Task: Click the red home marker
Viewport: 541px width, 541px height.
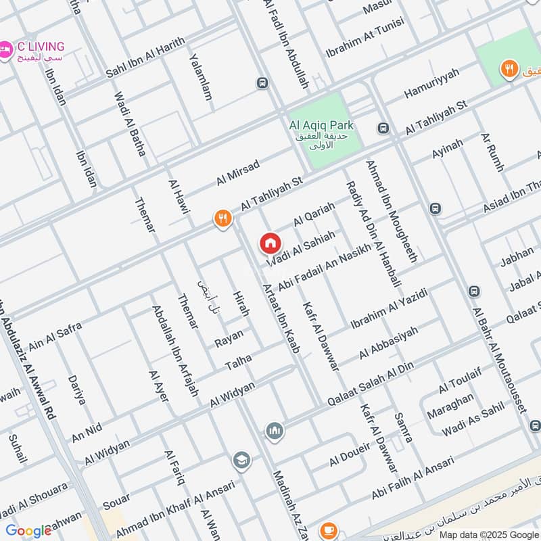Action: point(270,243)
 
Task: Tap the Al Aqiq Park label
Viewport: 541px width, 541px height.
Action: point(321,125)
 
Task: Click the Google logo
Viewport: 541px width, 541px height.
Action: point(28,530)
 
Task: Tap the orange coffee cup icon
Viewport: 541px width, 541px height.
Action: point(328,530)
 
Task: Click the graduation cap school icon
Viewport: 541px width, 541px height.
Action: point(240,461)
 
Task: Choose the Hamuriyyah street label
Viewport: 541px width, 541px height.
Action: point(431,83)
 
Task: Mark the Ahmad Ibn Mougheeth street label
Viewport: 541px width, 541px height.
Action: point(392,210)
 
